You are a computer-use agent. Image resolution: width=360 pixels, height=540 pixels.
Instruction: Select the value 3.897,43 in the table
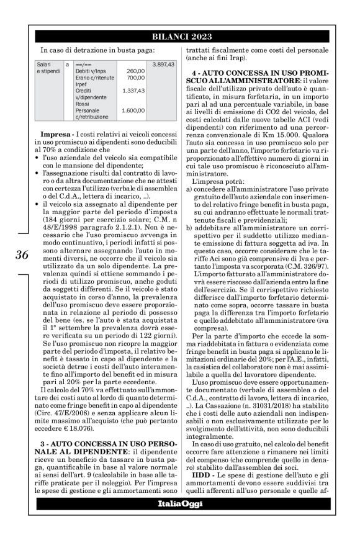click(163, 65)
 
